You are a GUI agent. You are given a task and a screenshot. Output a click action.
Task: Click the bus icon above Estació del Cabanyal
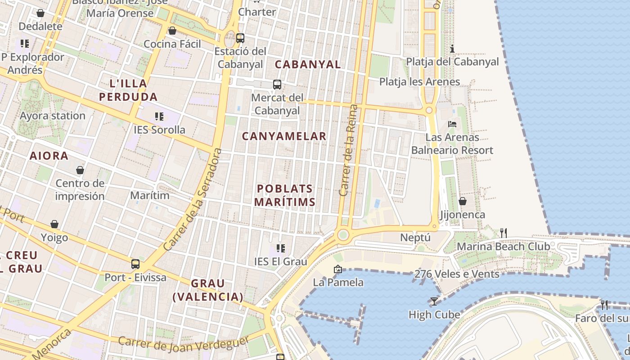[x=240, y=38]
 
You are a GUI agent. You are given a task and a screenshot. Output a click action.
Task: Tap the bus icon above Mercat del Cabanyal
[x=277, y=84]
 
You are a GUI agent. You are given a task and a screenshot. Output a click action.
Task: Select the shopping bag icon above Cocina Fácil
[x=172, y=31]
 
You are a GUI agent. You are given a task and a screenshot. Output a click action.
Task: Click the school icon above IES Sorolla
[x=159, y=117]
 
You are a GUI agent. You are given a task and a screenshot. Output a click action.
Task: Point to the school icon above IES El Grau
[x=281, y=248]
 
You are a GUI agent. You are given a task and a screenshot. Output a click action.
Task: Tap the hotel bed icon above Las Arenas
[x=452, y=124]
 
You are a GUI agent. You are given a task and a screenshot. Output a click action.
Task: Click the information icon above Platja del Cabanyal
[x=452, y=49]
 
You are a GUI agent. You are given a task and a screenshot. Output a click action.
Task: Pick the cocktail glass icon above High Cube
[x=434, y=301]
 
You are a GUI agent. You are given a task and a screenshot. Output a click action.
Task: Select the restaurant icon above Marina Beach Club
[x=504, y=233]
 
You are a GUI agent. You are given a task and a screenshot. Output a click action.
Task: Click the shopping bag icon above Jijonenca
[x=462, y=201]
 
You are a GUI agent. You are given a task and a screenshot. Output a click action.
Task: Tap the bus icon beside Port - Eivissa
[x=135, y=264]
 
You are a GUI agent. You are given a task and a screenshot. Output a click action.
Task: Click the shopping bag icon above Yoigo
[x=54, y=224]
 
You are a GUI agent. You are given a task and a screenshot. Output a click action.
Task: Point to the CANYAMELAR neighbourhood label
[x=284, y=136]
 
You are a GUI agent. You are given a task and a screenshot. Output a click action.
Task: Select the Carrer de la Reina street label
[x=349, y=150]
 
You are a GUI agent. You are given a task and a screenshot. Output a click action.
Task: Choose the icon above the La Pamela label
[x=338, y=270]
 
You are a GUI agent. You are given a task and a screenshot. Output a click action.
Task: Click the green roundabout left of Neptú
[x=343, y=234]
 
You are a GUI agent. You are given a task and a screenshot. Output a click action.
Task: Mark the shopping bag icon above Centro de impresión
[x=80, y=170]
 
